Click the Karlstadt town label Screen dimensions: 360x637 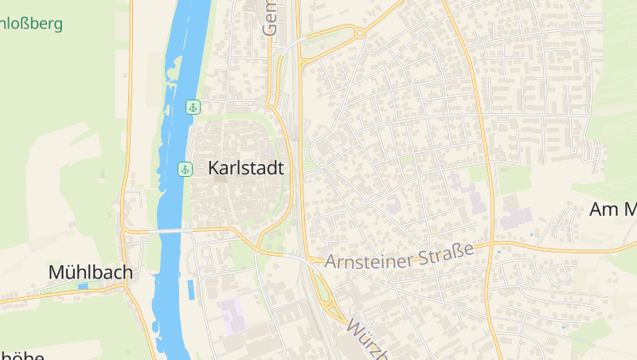(x=250, y=168)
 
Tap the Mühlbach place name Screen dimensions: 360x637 (x=90, y=272)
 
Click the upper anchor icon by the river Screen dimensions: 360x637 (x=192, y=107)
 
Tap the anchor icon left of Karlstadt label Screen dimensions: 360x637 (x=185, y=169)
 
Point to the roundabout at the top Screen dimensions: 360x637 (x=360, y=33)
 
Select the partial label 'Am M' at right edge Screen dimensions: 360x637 (x=612, y=210)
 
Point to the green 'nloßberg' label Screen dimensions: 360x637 (x=31, y=23)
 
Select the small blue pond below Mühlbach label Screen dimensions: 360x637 (x=82, y=286)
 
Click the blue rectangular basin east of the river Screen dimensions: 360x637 (x=190, y=289)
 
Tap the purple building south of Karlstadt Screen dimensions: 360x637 (x=233, y=315)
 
